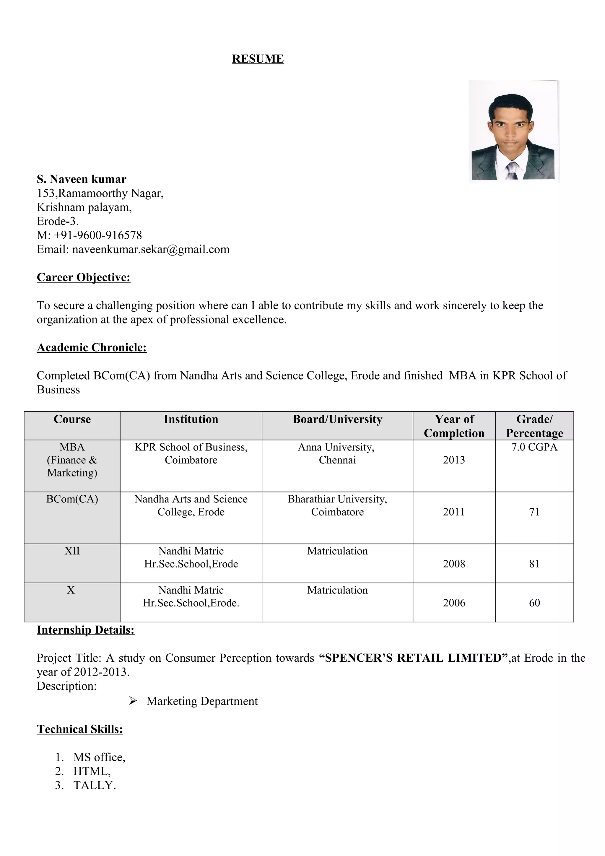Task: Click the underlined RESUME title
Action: tap(258, 59)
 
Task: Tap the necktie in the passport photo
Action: tap(512, 170)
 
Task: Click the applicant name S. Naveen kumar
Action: tap(81, 179)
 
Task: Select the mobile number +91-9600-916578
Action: tap(98, 235)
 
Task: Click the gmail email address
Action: tap(151, 249)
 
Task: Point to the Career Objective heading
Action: tap(84, 277)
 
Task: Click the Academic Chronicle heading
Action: tap(92, 347)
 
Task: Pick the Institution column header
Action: tap(191, 419)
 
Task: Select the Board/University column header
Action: tap(337, 419)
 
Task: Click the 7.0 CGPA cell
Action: tap(534, 447)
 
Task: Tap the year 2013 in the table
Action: tap(454, 460)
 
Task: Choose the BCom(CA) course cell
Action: tap(72, 499)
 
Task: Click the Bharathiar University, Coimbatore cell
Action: tap(337, 506)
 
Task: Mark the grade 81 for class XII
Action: tap(534, 564)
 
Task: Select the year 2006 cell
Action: tap(454, 603)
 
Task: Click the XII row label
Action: tap(72, 551)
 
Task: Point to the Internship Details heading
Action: tap(85, 630)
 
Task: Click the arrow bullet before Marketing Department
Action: tap(133, 701)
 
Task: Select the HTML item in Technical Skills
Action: tap(91, 771)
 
